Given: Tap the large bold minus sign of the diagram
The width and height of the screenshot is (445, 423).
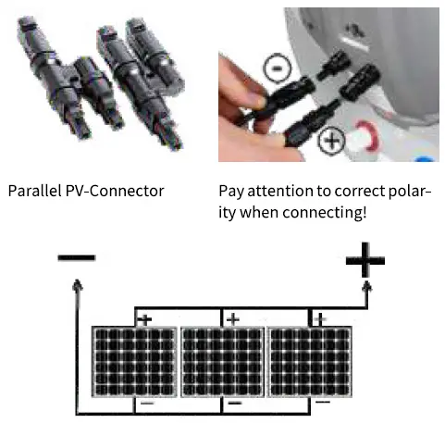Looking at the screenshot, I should (x=76, y=255).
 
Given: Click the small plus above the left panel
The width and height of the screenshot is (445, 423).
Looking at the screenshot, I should (x=144, y=319).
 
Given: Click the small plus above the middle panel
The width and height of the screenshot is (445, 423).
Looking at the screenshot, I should (x=232, y=319).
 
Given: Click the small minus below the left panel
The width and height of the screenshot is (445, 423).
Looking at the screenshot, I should (x=145, y=404).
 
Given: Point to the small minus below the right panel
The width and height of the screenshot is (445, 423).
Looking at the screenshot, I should (x=321, y=404).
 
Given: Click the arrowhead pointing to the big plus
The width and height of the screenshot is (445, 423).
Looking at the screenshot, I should (x=369, y=290).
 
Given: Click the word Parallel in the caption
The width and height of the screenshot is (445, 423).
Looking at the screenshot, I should (x=34, y=192).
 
